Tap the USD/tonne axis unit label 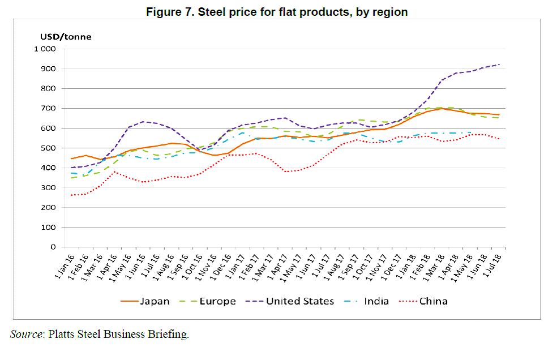point(65,37)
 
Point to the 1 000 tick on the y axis point(44,49)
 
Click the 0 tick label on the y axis point(52,247)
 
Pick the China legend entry point(433,301)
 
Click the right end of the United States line point(499,65)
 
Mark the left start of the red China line point(71,195)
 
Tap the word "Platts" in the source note point(63,335)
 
